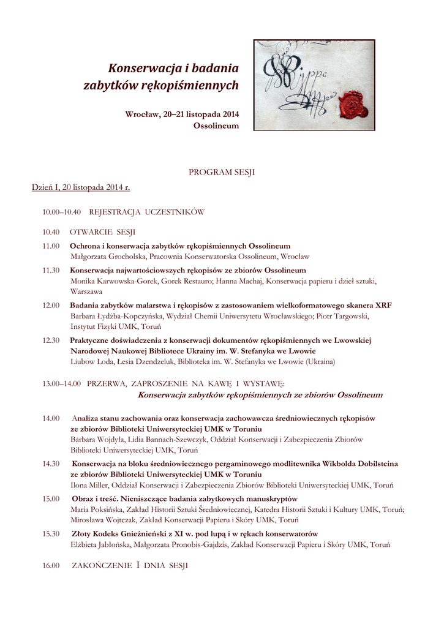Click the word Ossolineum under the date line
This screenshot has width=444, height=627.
click(216, 126)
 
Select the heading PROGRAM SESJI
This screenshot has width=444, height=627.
click(222, 173)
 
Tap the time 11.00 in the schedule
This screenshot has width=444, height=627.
click(51, 246)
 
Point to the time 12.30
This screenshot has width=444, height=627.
click(51, 340)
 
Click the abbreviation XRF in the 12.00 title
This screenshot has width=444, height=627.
click(383, 305)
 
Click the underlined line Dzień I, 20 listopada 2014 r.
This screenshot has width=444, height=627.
click(81, 187)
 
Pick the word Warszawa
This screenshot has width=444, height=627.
click(86, 291)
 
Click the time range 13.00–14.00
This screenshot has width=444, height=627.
click(61, 383)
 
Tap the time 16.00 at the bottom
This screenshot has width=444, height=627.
click(51, 566)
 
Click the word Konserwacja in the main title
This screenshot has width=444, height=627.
click(143, 67)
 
